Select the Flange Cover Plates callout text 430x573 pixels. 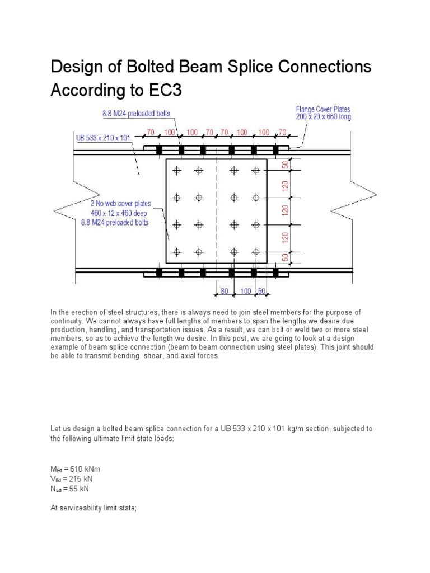(324, 109)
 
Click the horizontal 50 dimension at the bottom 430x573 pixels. (260, 292)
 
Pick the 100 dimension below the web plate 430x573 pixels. (245, 292)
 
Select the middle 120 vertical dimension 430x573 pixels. (284, 211)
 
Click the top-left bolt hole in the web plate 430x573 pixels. (177, 171)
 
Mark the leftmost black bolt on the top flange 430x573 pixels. (159, 151)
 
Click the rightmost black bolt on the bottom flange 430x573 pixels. (276, 273)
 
